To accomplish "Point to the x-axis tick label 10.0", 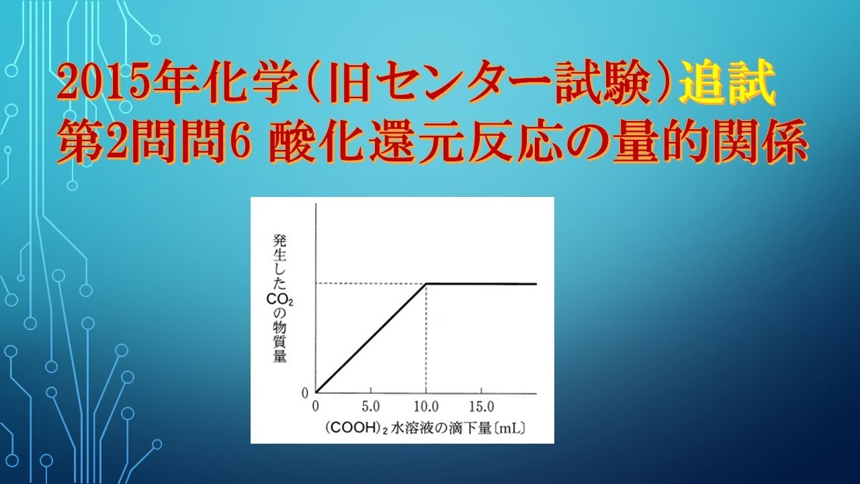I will (x=426, y=407).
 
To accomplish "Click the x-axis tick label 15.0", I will (x=481, y=407).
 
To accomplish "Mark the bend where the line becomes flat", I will (x=427, y=284).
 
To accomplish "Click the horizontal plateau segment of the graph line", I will (x=484, y=284).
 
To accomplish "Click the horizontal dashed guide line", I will (x=370, y=283).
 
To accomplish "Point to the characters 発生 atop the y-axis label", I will (x=280, y=245).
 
